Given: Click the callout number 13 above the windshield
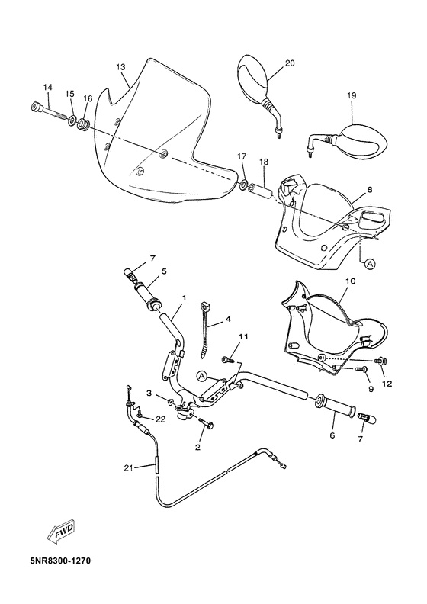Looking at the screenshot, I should tap(120, 67).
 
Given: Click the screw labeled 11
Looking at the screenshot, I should tap(227, 358).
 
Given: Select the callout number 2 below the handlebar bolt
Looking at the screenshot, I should tap(197, 447).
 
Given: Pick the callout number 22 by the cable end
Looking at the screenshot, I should tap(160, 419).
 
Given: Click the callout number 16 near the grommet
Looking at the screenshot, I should tap(88, 98).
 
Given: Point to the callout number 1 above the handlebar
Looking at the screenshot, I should tap(183, 297).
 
